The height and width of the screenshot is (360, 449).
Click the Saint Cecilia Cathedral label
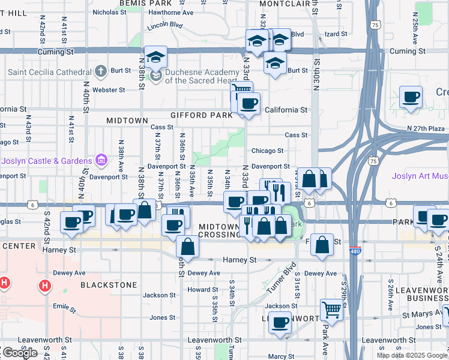tap(48, 73)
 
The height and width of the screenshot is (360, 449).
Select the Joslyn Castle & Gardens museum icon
tap(101, 160)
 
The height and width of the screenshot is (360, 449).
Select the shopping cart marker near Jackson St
tap(331, 310)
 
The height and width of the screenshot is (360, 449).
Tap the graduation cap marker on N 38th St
tap(155, 58)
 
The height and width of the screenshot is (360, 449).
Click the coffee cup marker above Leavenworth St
tap(279, 323)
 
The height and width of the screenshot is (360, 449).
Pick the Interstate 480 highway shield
tap(355, 252)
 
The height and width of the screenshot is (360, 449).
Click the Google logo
tap(19, 353)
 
